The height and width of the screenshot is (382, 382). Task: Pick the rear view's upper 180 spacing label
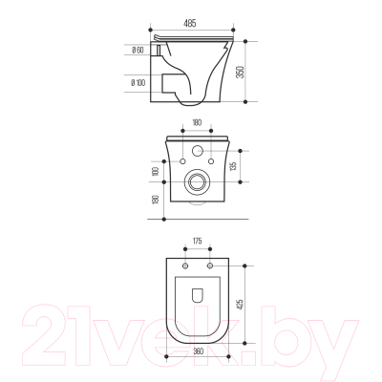click(198, 122)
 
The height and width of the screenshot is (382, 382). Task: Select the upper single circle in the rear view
click(199, 151)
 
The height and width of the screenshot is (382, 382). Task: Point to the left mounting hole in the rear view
click(181, 164)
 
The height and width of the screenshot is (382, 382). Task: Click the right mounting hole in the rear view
click(216, 164)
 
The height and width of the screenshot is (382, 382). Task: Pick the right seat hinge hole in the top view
click(210, 263)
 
